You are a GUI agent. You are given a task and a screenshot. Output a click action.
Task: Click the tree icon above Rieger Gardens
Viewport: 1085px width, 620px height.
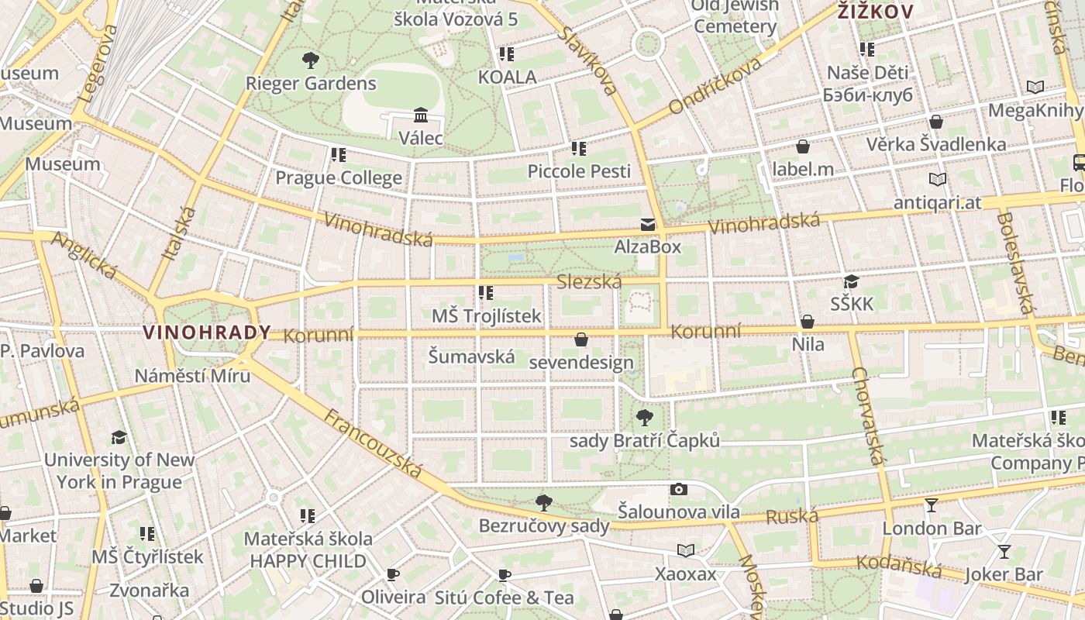[x=311, y=60]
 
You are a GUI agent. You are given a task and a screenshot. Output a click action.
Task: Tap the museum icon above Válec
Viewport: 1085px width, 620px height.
[x=421, y=115]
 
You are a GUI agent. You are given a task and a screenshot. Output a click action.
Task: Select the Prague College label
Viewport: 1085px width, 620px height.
[x=339, y=178]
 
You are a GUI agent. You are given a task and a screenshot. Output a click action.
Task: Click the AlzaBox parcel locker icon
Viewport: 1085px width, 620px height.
[x=647, y=225]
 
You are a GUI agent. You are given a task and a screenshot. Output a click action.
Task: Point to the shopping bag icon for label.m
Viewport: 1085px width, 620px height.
[x=803, y=146]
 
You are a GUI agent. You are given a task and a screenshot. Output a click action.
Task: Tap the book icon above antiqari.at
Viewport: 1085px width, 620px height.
[x=938, y=180]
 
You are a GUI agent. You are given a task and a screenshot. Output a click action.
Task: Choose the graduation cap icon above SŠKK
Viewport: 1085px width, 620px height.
[x=852, y=281]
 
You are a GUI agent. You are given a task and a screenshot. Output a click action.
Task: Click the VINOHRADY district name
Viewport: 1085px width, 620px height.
[x=207, y=333]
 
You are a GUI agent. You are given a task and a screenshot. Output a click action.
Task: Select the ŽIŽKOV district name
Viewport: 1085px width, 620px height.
[x=875, y=12]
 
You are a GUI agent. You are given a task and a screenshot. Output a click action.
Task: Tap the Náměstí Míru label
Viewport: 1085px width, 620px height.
[x=192, y=376]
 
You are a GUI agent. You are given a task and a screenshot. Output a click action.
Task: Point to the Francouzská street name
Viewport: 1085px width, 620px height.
[x=373, y=444]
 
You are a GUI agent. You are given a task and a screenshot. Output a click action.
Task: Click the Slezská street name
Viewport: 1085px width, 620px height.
[x=589, y=282]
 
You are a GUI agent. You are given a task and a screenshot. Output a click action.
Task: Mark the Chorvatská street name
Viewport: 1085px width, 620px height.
[x=867, y=415]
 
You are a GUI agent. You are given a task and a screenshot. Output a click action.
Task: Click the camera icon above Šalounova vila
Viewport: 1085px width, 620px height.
[x=679, y=489]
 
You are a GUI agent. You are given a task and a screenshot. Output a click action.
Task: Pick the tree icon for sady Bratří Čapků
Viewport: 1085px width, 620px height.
[x=644, y=418]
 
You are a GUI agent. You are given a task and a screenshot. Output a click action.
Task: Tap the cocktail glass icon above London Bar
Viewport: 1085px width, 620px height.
[x=932, y=506]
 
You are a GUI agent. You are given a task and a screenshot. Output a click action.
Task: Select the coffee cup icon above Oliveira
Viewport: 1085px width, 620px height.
[x=393, y=574]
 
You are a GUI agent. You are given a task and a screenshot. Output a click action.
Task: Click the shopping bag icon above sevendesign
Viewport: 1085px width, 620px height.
[x=581, y=339]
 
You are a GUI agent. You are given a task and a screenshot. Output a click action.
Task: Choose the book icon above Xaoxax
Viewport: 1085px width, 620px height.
[x=685, y=551]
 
